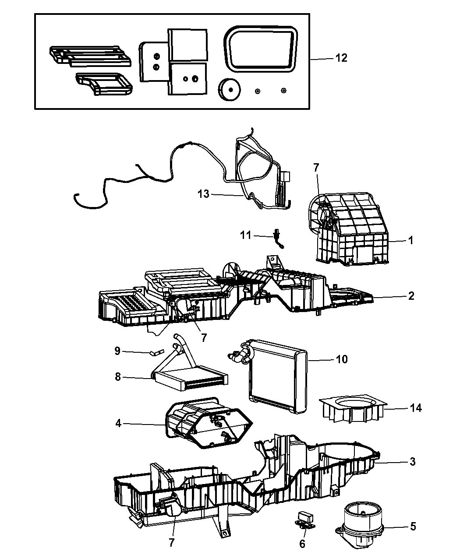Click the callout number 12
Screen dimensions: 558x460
point(341,58)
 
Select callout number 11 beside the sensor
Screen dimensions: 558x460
point(246,235)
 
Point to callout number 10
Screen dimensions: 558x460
point(341,359)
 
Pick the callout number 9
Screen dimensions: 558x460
point(117,351)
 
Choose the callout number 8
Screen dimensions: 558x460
point(117,376)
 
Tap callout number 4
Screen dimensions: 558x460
point(117,423)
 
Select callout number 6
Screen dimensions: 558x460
point(302,544)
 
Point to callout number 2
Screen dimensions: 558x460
point(410,296)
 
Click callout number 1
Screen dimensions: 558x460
point(410,240)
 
